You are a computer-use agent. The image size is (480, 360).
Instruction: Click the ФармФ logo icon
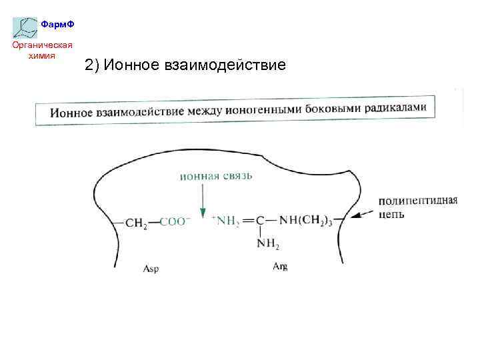point(25,27)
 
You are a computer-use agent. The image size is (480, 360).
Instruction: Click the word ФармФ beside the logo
point(57,24)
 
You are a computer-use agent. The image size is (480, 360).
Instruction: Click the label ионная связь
point(206,176)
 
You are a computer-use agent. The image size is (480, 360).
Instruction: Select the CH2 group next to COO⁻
point(136,223)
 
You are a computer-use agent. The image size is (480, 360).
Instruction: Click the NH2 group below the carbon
point(268,244)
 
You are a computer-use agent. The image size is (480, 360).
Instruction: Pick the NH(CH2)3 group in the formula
point(306,221)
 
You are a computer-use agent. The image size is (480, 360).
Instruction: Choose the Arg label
point(280,267)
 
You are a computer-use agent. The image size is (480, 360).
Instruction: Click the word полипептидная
point(418,201)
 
